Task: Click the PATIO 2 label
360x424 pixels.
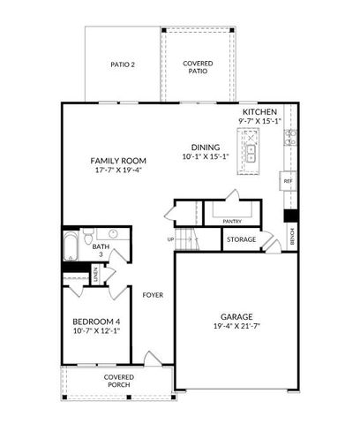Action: coord(123,64)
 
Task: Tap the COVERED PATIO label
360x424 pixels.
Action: coord(196,67)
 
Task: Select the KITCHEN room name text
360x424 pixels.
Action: coord(260,112)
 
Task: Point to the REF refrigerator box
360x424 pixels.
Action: coord(288,180)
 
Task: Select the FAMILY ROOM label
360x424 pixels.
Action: coord(117,160)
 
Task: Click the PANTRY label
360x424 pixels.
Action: coord(232,221)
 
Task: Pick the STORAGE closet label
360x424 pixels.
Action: coord(241,239)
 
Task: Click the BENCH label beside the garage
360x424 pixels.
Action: coord(292,236)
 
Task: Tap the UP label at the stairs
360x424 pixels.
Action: coord(170,238)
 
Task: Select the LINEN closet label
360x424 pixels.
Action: coord(95,276)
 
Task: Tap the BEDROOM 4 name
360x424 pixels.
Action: coord(97,322)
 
